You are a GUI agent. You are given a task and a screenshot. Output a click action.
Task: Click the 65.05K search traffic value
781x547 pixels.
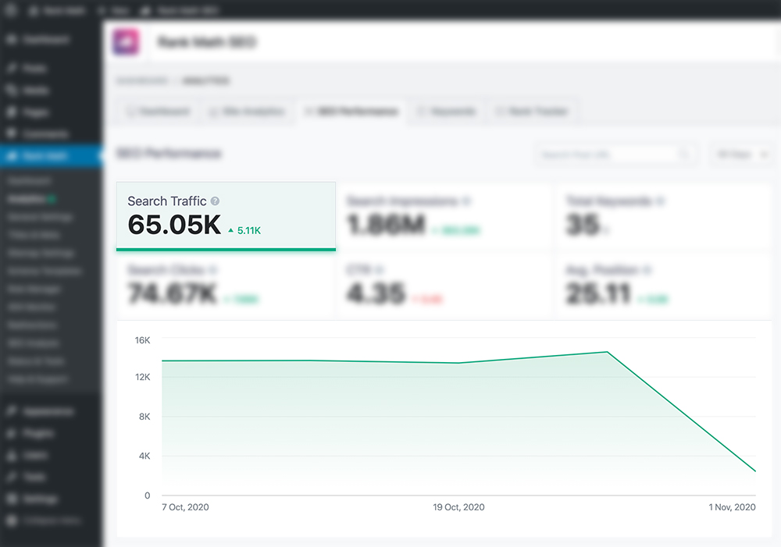(x=174, y=225)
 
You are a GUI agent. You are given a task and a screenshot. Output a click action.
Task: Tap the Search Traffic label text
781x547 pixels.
(x=167, y=201)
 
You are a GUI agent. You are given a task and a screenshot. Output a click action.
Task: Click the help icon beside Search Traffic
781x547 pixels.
(x=215, y=201)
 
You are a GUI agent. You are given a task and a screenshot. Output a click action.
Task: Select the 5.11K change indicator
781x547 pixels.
(x=244, y=230)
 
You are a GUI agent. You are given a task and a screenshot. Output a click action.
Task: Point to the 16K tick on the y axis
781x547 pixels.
(x=142, y=340)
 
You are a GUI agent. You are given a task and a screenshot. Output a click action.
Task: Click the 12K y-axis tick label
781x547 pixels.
(x=142, y=378)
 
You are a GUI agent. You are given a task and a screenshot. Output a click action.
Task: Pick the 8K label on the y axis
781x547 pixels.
(x=144, y=417)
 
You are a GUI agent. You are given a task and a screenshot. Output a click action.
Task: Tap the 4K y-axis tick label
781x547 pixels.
(x=144, y=456)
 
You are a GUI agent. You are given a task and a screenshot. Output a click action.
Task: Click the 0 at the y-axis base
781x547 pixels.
(x=147, y=495)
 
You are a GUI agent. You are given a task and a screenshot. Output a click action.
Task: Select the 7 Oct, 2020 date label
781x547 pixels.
(x=186, y=507)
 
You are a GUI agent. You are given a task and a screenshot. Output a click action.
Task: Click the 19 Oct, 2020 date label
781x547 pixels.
(x=458, y=507)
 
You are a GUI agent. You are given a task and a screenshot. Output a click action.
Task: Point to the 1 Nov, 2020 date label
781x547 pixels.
(x=732, y=507)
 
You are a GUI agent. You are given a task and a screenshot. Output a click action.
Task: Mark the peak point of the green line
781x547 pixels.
(x=607, y=352)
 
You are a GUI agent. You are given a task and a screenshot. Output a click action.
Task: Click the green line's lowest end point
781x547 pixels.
(x=755, y=471)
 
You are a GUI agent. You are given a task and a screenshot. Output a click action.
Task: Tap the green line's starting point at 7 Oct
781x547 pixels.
(x=162, y=361)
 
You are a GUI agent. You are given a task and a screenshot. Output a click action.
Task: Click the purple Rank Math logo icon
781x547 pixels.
(x=127, y=42)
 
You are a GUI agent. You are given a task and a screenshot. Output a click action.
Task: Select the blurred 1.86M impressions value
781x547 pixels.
(x=386, y=225)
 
